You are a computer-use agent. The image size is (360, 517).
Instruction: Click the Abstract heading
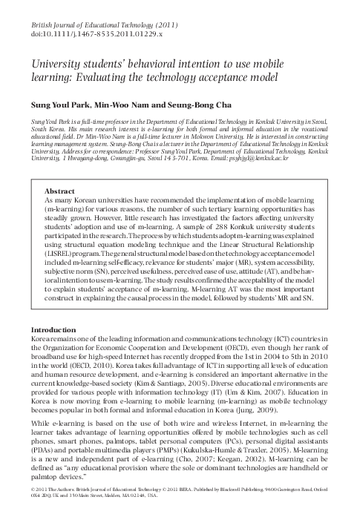coord(59,191)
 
